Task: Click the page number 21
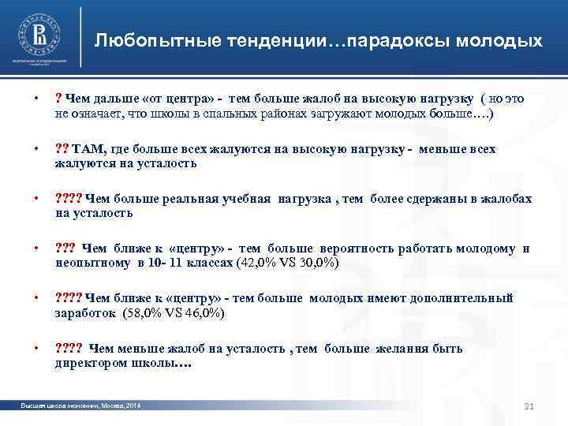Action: click(x=529, y=406)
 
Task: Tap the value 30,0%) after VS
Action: click(x=319, y=263)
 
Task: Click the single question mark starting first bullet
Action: click(x=58, y=99)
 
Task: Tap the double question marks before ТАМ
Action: click(x=62, y=149)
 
